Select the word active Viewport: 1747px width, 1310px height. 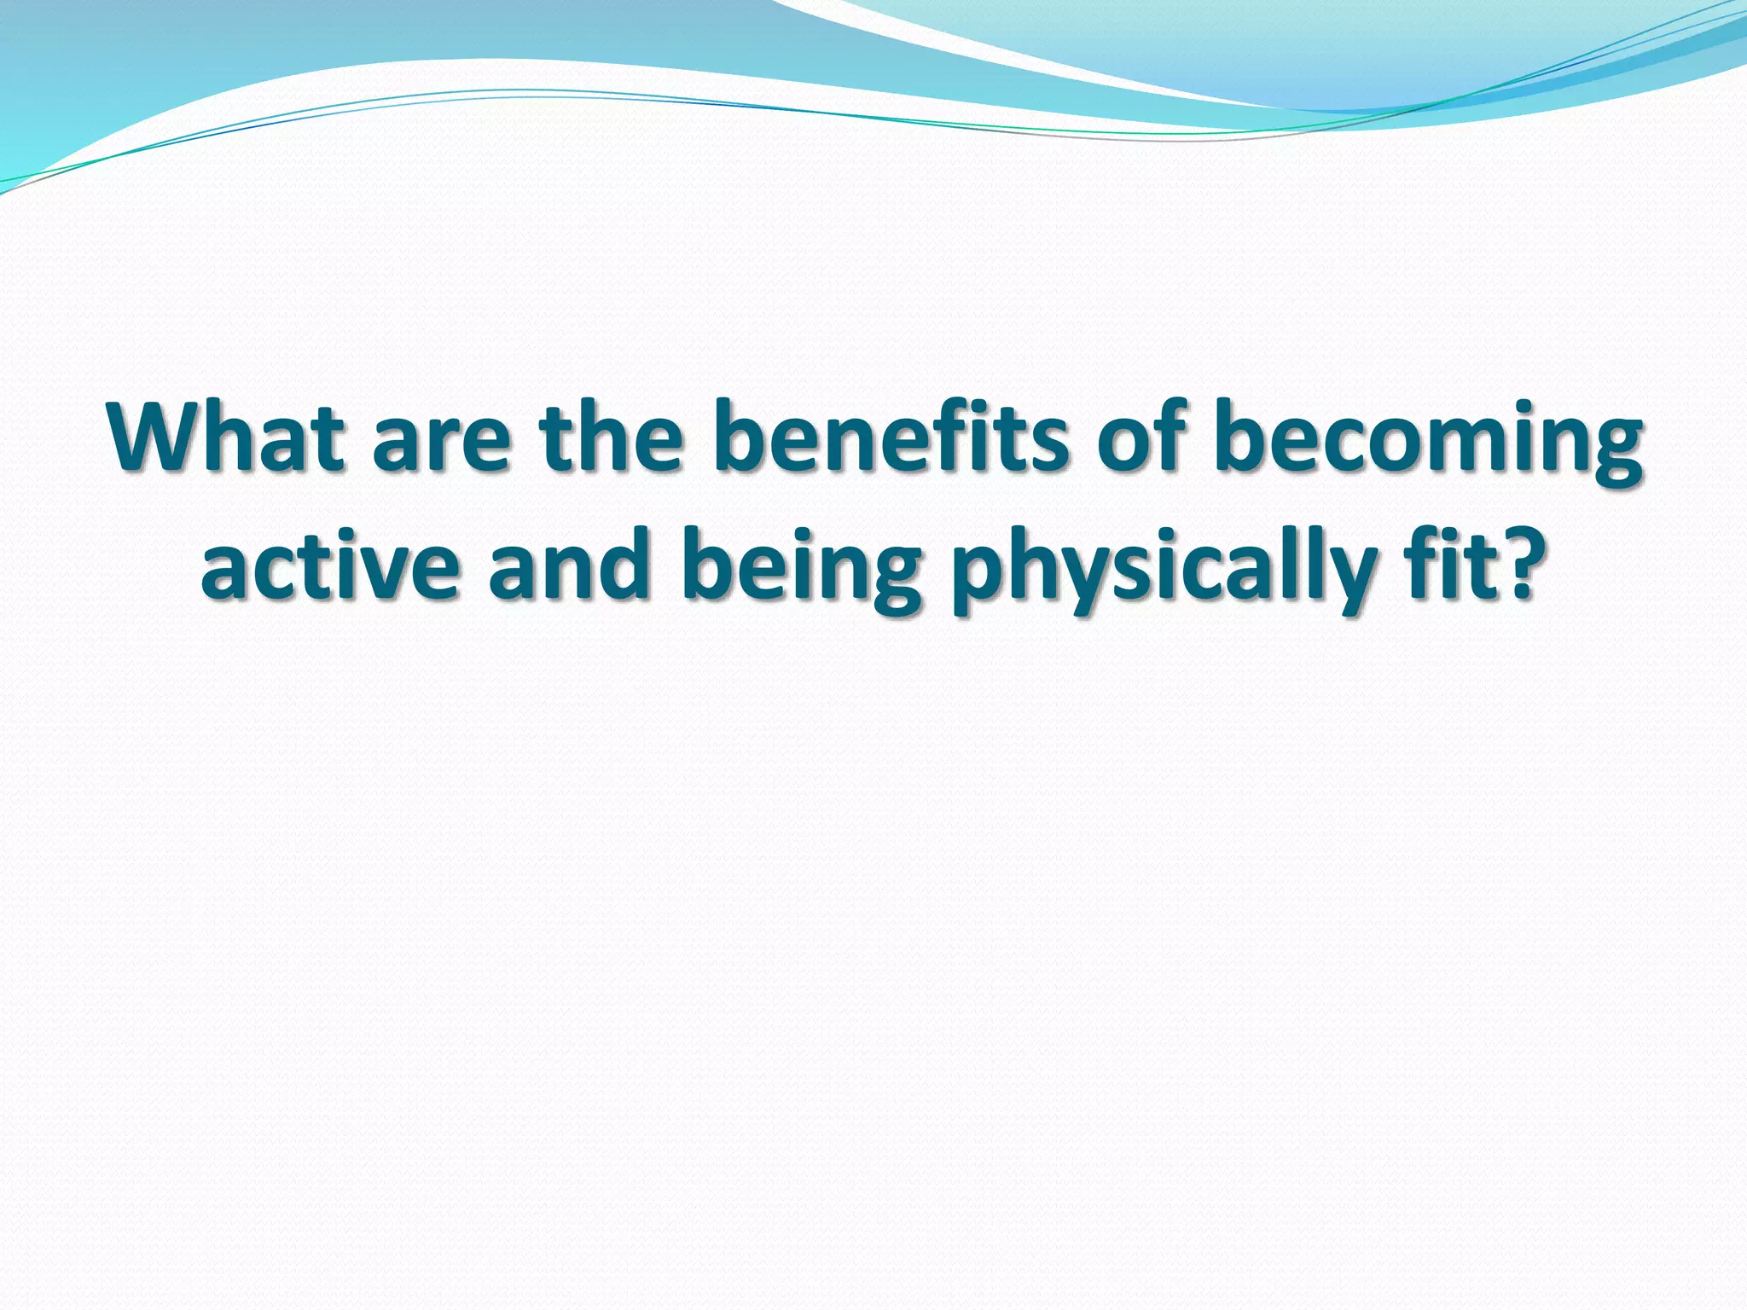[329, 567]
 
